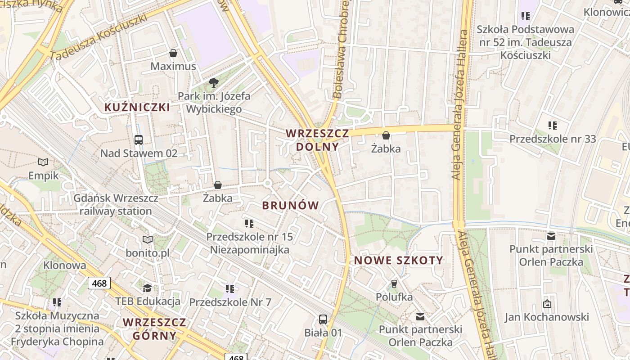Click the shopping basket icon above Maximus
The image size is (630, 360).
(x=173, y=53)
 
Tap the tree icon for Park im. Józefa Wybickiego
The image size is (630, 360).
(x=214, y=82)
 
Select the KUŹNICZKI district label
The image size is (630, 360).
(x=137, y=108)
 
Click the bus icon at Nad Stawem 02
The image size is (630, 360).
(x=139, y=140)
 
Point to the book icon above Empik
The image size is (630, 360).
(x=43, y=162)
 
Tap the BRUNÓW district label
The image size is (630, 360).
(x=291, y=206)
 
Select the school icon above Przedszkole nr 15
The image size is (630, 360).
(x=249, y=223)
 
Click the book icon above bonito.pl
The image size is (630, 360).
(x=148, y=239)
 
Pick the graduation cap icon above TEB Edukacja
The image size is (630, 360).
(x=148, y=288)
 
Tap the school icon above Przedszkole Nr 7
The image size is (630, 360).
(x=230, y=288)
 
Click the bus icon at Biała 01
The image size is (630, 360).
(x=323, y=319)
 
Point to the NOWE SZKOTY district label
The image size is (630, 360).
(x=399, y=260)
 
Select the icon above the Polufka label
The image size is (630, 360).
(x=394, y=283)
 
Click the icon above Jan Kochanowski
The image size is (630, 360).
(x=547, y=304)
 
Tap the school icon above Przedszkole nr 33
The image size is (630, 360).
(x=553, y=126)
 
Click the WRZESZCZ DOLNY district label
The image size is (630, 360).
(x=318, y=140)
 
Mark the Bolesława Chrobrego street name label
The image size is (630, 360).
(x=341, y=49)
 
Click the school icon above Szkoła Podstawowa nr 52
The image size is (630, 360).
(x=525, y=16)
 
